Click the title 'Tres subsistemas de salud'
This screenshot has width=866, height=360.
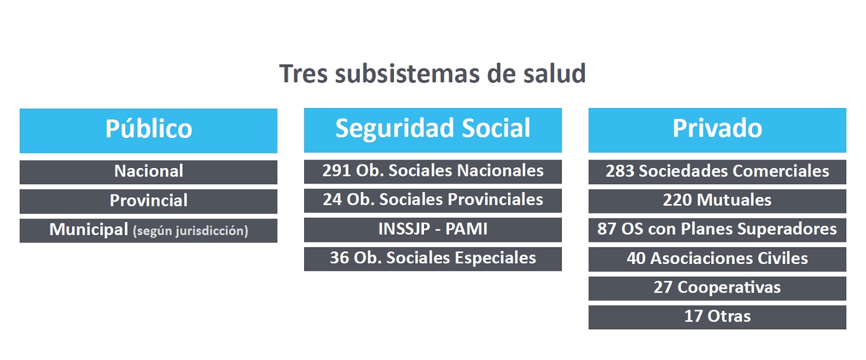pyautogui.click(x=432, y=74)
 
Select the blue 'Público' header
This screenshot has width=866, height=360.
pyautogui.click(x=149, y=131)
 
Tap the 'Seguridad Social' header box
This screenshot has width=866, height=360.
pyautogui.click(x=432, y=130)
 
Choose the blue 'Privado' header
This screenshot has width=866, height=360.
pyautogui.click(x=717, y=130)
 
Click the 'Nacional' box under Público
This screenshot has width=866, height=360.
pyautogui.click(x=149, y=172)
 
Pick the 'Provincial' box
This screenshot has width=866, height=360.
pyautogui.click(x=149, y=201)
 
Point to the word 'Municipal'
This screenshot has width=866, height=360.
pyautogui.click(x=89, y=230)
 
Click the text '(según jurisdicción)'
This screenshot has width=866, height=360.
pyautogui.click(x=190, y=231)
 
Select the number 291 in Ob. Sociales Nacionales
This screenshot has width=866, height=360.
pyautogui.click(x=336, y=171)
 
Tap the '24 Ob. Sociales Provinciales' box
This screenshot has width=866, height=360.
pyautogui.click(x=432, y=200)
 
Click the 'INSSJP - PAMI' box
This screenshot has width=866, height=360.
pyautogui.click(x=432, y=230)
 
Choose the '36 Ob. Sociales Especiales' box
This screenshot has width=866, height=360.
pyautogui.click(x=432, y=259)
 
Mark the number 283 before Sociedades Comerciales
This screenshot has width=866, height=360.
pyautogui.click(x=620, y=171)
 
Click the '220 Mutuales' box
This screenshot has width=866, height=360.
pyautogui.click(x=717, y=201)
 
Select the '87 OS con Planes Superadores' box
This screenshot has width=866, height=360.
pyautogui.click(x=717, y=230)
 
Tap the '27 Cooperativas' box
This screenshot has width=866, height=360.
pyautogui.click(x=717, y=289)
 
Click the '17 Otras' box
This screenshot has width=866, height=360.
pyautogui.click(x=717, y=317)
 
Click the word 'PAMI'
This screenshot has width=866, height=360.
pyautogui.click(x=467, y=229)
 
